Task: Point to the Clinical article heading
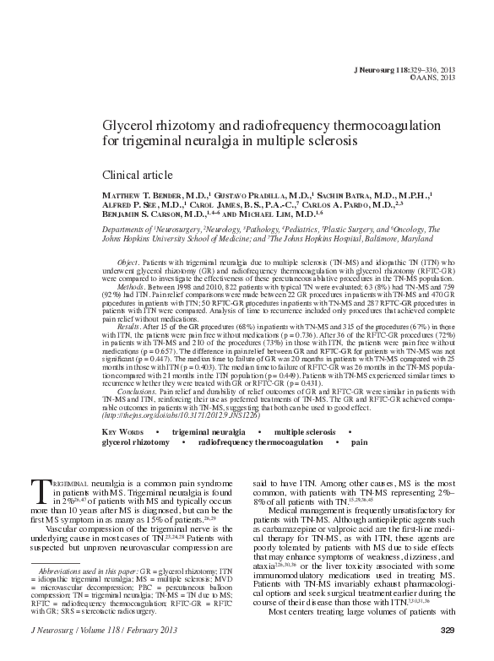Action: (x=138, y=174)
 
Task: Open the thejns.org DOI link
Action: (x=166, y=416)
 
